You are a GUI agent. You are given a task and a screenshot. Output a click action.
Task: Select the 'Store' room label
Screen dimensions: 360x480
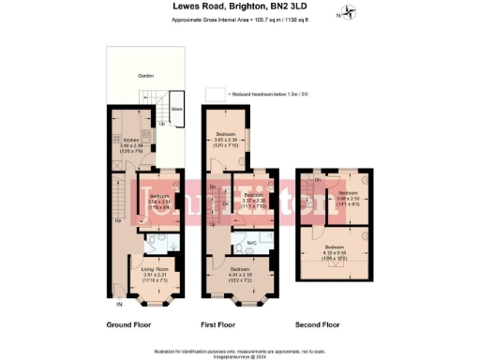tap(176, 109)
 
